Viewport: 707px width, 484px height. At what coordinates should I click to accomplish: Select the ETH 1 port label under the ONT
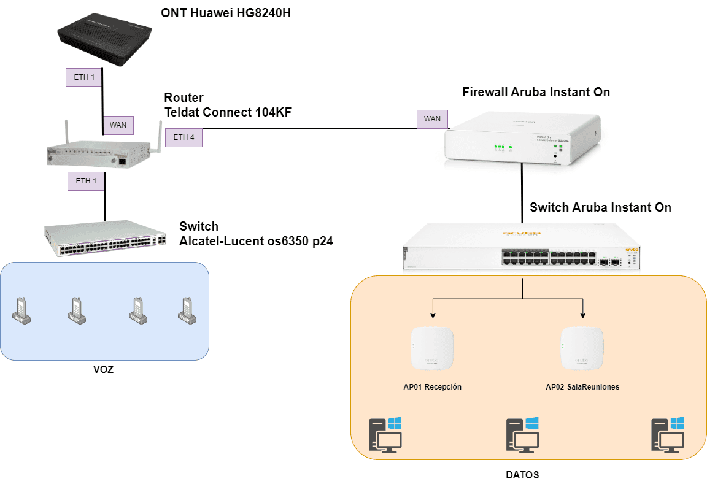[x=85, y=77]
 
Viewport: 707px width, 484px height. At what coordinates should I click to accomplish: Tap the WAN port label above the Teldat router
[x=118, y=125]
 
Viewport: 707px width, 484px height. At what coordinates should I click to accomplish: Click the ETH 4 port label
[x=184, y=137]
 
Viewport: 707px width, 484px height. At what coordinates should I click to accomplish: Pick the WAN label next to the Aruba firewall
[x=432, y=119]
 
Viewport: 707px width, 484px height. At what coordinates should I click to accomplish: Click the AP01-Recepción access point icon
[x=433, y=348]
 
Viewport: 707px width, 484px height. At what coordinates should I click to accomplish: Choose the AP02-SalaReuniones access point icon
[x=582, y=348]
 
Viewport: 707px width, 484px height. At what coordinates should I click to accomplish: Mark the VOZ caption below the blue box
[x=104, y=370]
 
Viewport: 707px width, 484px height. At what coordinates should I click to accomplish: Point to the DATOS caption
[x=522, y=475]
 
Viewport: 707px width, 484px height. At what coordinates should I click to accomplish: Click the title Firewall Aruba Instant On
[x=536, y=92]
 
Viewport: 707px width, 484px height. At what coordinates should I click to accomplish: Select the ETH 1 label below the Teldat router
[x=86, y=181]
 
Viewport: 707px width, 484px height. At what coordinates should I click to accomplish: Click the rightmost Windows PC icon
[x=668, y=436]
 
